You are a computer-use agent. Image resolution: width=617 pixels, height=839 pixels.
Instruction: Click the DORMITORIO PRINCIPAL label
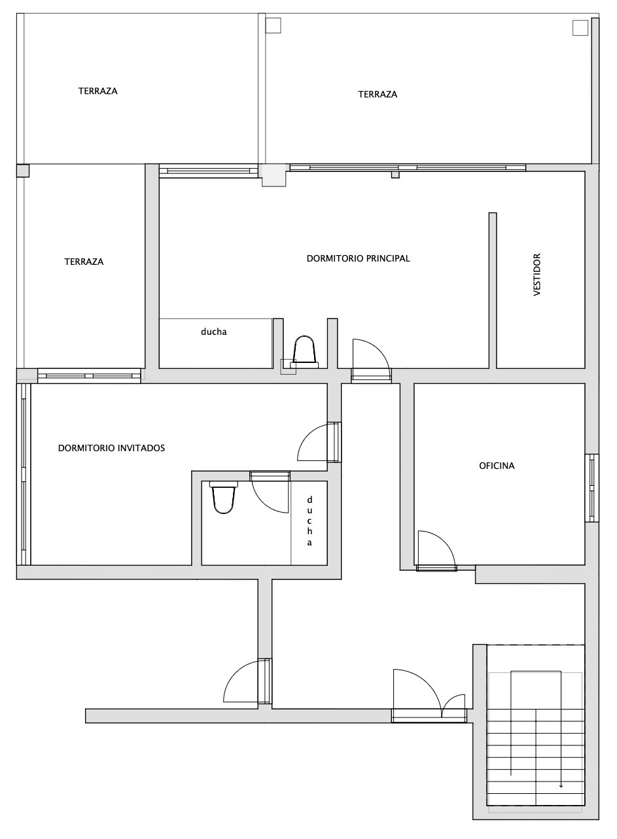pos(358,258)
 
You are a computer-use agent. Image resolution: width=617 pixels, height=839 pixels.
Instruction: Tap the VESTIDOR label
pos(537,275)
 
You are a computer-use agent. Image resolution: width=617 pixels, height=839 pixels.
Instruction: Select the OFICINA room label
pos(497,466)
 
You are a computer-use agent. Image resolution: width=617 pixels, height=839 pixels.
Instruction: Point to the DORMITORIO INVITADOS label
pos(111,448)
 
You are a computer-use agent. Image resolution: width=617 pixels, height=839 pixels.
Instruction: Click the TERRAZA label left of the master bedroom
pos(84,262)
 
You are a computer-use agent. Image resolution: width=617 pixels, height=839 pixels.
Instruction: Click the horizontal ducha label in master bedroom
pos(214,332)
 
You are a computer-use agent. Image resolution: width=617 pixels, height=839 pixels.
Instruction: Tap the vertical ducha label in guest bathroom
pos(309,521)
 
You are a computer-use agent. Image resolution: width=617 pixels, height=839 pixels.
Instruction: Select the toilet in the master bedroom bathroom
pos(304,352)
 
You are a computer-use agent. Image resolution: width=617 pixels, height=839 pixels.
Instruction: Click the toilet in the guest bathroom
pos(224,497)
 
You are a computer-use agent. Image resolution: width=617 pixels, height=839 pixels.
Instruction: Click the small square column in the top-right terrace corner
pos(580,28)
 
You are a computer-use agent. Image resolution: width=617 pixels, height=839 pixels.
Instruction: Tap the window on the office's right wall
pos(592,487)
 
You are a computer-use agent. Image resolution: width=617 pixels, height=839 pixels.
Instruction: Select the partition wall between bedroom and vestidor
pos(493,290)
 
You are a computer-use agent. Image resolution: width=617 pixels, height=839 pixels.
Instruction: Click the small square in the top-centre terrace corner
pos(273,25)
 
